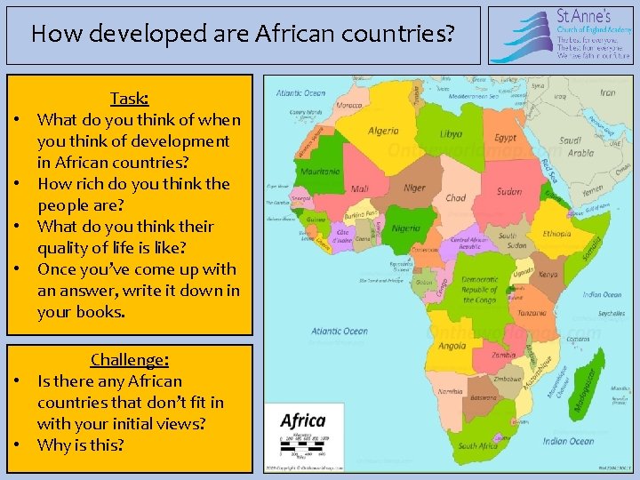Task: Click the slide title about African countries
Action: point(242,35)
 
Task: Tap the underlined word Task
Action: point(129,98)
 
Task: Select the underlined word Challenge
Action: point(129,360)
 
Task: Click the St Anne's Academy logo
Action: point(560,35)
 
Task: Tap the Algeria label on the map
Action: point(383,131)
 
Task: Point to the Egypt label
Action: point(505,138)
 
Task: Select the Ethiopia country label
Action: point(557,234)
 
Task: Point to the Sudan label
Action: point(509,191)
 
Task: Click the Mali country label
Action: point(360,188)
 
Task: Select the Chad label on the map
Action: point(455,198)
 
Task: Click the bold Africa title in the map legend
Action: point(302,420)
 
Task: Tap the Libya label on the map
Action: point(451,134)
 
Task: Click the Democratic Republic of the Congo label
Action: point(480,289)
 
